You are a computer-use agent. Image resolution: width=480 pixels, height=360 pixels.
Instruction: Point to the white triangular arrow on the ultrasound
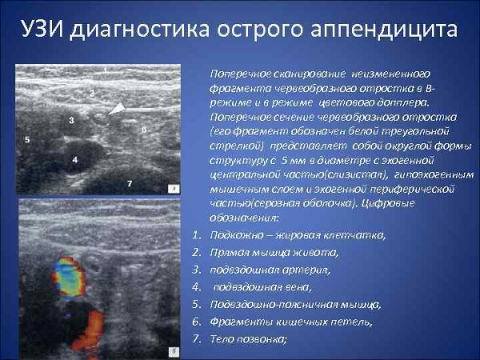point(118,108)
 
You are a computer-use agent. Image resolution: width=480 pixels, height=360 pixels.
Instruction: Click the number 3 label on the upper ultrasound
point(71,120)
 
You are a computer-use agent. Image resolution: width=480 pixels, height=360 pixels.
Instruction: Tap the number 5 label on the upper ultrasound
point(26,139)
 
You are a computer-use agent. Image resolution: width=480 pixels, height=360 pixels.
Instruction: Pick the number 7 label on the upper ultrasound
point(130,183)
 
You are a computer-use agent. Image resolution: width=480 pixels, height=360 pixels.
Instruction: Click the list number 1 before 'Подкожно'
point(197,235)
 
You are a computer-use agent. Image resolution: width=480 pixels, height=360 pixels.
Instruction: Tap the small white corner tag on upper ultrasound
point(173,190)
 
